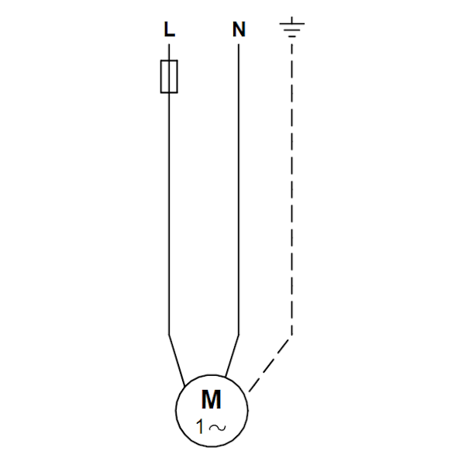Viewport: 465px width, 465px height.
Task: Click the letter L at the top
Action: pos(169,29)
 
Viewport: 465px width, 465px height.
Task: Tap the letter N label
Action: pos(239,29)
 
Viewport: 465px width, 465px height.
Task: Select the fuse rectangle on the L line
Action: pos(169,77)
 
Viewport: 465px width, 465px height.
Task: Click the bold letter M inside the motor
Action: pos(211,399)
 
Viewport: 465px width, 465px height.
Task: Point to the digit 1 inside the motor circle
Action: pos(201,427)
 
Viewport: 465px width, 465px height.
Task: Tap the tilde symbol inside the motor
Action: pos(217,427)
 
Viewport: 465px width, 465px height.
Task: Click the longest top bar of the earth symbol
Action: pos(292,23)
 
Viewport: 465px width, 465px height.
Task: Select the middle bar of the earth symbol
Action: pos(292,30)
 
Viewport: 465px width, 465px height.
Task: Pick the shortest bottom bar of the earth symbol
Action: pos(292,36)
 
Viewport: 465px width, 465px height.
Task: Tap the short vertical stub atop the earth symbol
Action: pos(292,20)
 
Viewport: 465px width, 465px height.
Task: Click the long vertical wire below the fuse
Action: pos(169,214)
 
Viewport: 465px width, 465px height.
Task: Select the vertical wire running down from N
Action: pos(239,190)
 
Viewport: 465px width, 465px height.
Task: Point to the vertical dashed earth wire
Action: pos(292,190)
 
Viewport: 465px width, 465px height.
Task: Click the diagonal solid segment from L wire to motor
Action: pos(177,360)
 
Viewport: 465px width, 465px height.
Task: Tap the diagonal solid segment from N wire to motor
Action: pos(232,356)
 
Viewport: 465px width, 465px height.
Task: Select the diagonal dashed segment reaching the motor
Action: pos(269,365)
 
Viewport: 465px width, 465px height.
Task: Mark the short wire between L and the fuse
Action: pos(169,52)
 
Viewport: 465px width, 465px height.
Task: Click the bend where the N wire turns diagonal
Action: pos(239,335)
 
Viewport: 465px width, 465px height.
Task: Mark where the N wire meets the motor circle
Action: pos(226,377)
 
